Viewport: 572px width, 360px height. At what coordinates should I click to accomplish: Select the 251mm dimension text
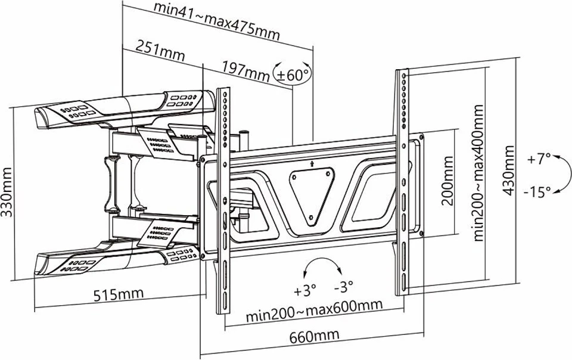(159, 51)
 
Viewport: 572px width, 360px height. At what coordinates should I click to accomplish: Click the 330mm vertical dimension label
(8, 191)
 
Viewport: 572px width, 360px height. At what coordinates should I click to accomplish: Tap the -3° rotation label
(344, 288)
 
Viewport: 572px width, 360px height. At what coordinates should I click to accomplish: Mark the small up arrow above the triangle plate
(312, 162)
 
